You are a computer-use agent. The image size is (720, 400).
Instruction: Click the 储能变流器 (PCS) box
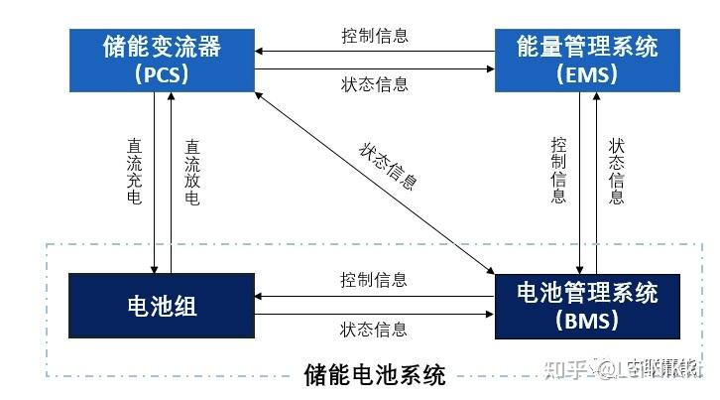click(x=163, y=59)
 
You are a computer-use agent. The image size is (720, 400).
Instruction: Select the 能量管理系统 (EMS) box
click(x=587, y=59)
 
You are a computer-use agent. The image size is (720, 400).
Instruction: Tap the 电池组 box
click(x=163, y=305)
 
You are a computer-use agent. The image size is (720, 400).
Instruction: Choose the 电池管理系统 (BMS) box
click(x=587, y=305)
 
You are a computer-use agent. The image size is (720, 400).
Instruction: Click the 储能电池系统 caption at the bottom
click(x=375, y=375)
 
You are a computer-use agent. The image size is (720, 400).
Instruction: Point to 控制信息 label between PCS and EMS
click(x=374, y=37)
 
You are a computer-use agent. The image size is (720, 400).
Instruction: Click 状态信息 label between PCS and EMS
click(x=374, y=83)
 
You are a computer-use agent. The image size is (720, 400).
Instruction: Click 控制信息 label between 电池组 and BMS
click(x=374, y=279)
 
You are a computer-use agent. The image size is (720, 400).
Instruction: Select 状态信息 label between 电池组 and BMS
click(x=374, y=329)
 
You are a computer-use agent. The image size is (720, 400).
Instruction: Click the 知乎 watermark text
click(x=563, y=369)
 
